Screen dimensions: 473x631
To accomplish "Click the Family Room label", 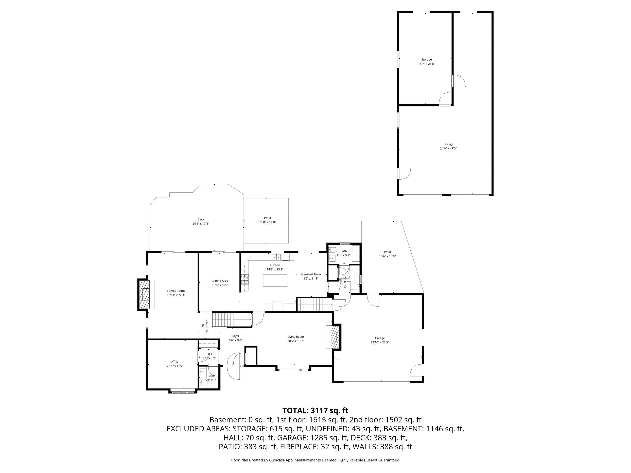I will (176, 291).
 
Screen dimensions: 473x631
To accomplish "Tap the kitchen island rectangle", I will (275, 280).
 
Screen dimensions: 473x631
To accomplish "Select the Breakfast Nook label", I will (310, 274).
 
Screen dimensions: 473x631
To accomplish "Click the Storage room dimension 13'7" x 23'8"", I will (426, 64).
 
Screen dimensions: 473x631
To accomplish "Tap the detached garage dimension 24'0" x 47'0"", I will (448, 149).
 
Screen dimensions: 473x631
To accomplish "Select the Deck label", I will (201, 220).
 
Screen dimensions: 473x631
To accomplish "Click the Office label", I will (174, 362).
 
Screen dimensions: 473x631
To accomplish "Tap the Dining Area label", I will (220, 281).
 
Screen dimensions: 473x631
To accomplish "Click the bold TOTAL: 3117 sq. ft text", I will (315, 411).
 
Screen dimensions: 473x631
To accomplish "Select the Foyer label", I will (235, 336).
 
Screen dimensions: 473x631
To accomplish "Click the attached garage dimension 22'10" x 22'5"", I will (380, 342).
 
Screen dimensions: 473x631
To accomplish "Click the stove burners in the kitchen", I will (245, 279).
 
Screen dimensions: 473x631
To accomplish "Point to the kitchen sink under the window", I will (277, 257).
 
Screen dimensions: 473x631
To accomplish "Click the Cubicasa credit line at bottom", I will (315, 460).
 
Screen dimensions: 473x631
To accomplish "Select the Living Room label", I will (296, 337).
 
